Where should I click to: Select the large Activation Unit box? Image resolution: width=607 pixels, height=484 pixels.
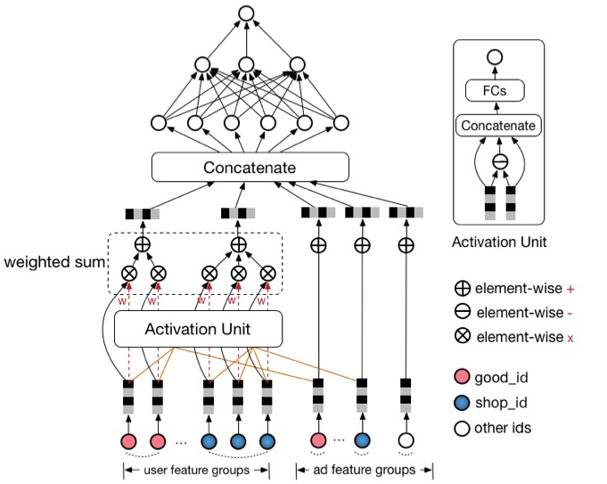198,329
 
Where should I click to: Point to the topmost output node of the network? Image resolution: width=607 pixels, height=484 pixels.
247,14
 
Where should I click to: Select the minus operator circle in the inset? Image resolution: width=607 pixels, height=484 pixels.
500,161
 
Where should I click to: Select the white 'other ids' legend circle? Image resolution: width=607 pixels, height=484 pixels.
463,428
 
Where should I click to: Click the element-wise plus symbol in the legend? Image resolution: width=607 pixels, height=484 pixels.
463,289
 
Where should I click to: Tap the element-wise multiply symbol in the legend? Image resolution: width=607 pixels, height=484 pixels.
463,337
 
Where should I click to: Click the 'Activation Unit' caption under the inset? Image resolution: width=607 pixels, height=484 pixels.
497,241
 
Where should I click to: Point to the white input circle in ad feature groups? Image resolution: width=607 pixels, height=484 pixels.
406,440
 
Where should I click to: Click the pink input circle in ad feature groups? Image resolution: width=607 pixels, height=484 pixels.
318,440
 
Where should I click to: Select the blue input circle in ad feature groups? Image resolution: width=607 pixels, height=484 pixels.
362,440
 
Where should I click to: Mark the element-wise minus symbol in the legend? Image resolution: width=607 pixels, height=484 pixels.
463,313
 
